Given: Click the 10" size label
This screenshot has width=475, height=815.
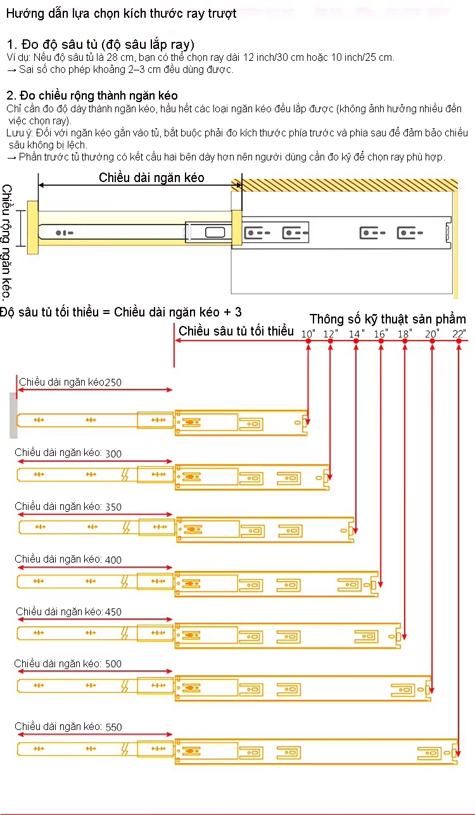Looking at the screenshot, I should [308, 334].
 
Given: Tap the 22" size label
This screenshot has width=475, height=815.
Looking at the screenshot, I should [459, 334].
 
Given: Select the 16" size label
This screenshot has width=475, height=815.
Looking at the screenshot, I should [381, 334].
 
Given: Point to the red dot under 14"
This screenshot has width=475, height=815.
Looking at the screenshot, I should [357, 341].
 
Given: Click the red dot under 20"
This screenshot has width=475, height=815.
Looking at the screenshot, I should [433, 341].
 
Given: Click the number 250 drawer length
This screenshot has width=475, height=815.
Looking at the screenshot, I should [113, 382].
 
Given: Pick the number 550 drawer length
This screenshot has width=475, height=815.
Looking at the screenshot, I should [114, 727].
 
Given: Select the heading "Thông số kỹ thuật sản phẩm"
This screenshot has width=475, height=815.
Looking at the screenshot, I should [388, 319].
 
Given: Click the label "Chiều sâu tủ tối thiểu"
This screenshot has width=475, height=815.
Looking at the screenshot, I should [236, 331].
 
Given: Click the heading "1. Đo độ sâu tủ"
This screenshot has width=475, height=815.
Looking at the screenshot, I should [100, 44].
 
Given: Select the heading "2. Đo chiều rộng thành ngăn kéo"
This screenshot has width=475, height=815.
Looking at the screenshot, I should [92, 95].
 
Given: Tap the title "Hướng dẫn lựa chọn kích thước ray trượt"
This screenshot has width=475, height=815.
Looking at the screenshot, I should [121, 13].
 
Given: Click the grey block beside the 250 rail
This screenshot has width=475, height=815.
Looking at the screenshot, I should [13, 415].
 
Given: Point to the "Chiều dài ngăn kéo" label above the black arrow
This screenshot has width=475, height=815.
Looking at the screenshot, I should [151, 178].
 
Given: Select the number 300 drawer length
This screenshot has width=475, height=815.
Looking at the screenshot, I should [114, 453].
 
